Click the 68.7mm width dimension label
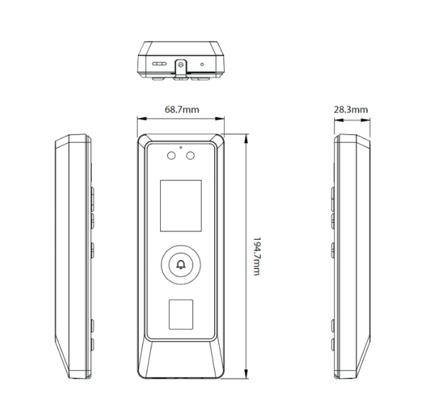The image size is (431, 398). coord(182,110)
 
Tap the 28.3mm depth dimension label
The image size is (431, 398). coord(351,110)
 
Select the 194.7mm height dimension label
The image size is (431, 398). coord(257,255)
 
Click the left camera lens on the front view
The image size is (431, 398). coord(172,155)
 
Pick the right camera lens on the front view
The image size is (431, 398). coord(190,155)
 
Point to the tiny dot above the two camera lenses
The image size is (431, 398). coord(181,147)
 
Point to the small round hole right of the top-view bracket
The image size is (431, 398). coord(203,64)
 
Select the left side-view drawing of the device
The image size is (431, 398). coord(75,255)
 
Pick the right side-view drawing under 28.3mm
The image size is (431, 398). coord(351,255)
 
